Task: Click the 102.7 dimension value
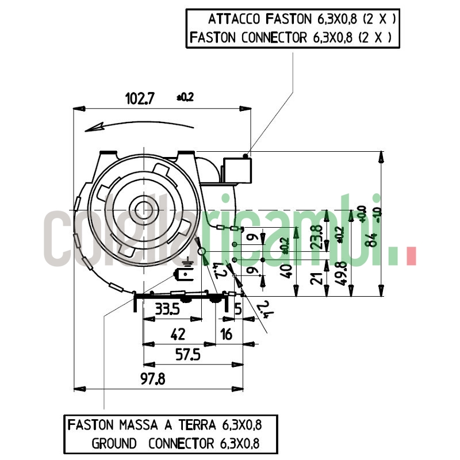(140, 98)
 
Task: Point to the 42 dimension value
(178, 334)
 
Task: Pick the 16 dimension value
(226, 334)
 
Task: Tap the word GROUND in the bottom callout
(114, 443)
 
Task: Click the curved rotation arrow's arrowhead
(92, 128)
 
